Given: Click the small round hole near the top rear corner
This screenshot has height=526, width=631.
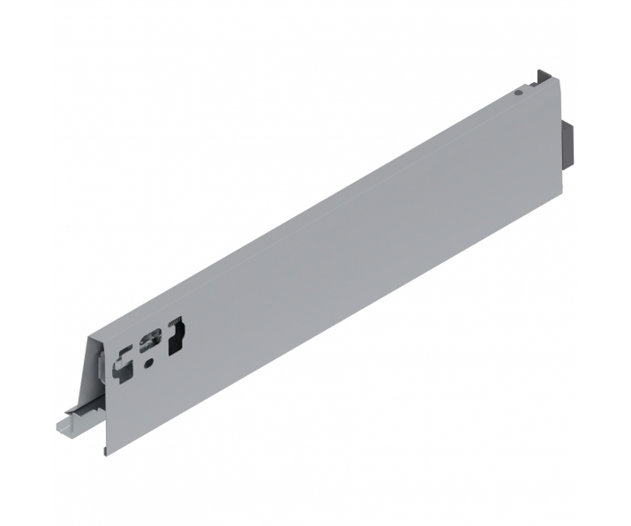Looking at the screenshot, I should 520,91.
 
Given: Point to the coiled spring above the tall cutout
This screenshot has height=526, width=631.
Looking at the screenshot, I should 177,321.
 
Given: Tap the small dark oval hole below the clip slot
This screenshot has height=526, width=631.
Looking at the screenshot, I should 148,360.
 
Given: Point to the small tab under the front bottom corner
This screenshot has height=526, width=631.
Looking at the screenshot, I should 106,450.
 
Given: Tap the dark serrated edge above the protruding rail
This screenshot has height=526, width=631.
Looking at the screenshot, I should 85,410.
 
